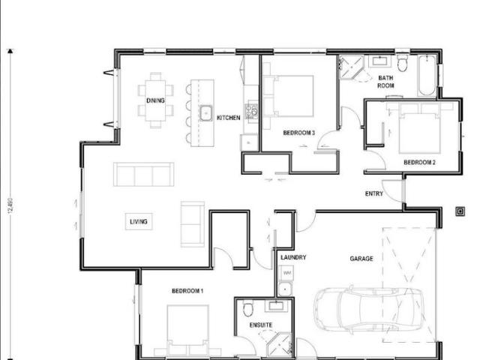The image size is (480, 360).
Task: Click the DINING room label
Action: (155, 100)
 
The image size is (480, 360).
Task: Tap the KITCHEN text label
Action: (228, 118)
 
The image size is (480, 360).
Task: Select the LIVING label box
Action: (139, 221)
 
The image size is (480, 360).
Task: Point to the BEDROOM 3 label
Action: (298, 133)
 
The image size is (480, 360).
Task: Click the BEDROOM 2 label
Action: (419, 162)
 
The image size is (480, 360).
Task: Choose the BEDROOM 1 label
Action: (187, 290)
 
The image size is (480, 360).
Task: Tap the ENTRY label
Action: (373, 193)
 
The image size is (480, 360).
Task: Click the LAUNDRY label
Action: (293, 257)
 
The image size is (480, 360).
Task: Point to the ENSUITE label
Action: (260, 325)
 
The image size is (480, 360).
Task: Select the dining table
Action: (155, 100)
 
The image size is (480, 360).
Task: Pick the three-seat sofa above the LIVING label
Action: (143, 174)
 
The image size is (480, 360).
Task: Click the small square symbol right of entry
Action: (460, 211)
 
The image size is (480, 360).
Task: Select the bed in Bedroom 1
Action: (187, 330)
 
